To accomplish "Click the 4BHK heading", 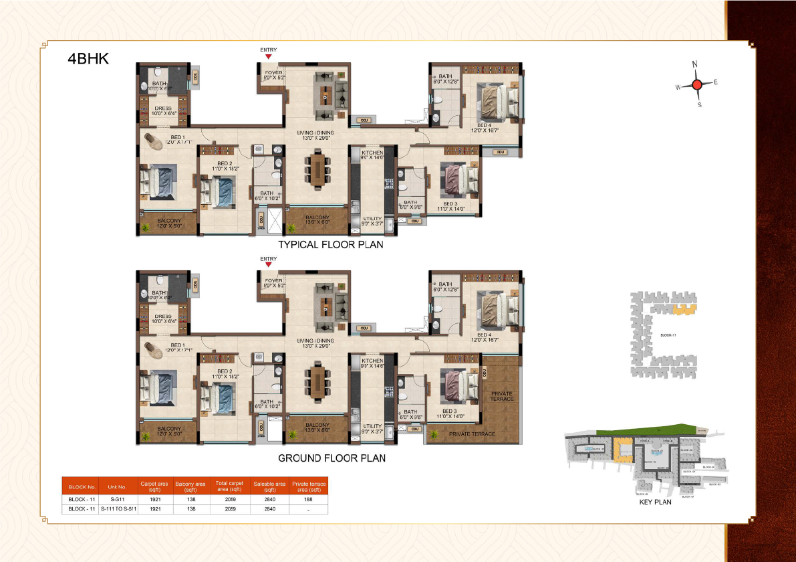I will click(88, 58).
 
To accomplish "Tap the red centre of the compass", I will click(696, 84).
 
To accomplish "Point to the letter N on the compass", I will click(695, 64).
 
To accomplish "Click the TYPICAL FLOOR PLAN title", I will click(331, 245).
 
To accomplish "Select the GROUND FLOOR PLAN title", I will click(331, 458).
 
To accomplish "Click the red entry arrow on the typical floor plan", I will click(269, 58).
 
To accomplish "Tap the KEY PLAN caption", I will click(655, 502).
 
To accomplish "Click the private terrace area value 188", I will click(308, 498).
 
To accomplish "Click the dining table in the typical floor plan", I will click(317, 170).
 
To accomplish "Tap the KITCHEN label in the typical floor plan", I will click(372, 153).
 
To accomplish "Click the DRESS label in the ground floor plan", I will click(162, 316).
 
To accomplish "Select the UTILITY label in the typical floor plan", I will click(372, 219).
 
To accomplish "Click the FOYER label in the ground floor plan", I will click(273, 281).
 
